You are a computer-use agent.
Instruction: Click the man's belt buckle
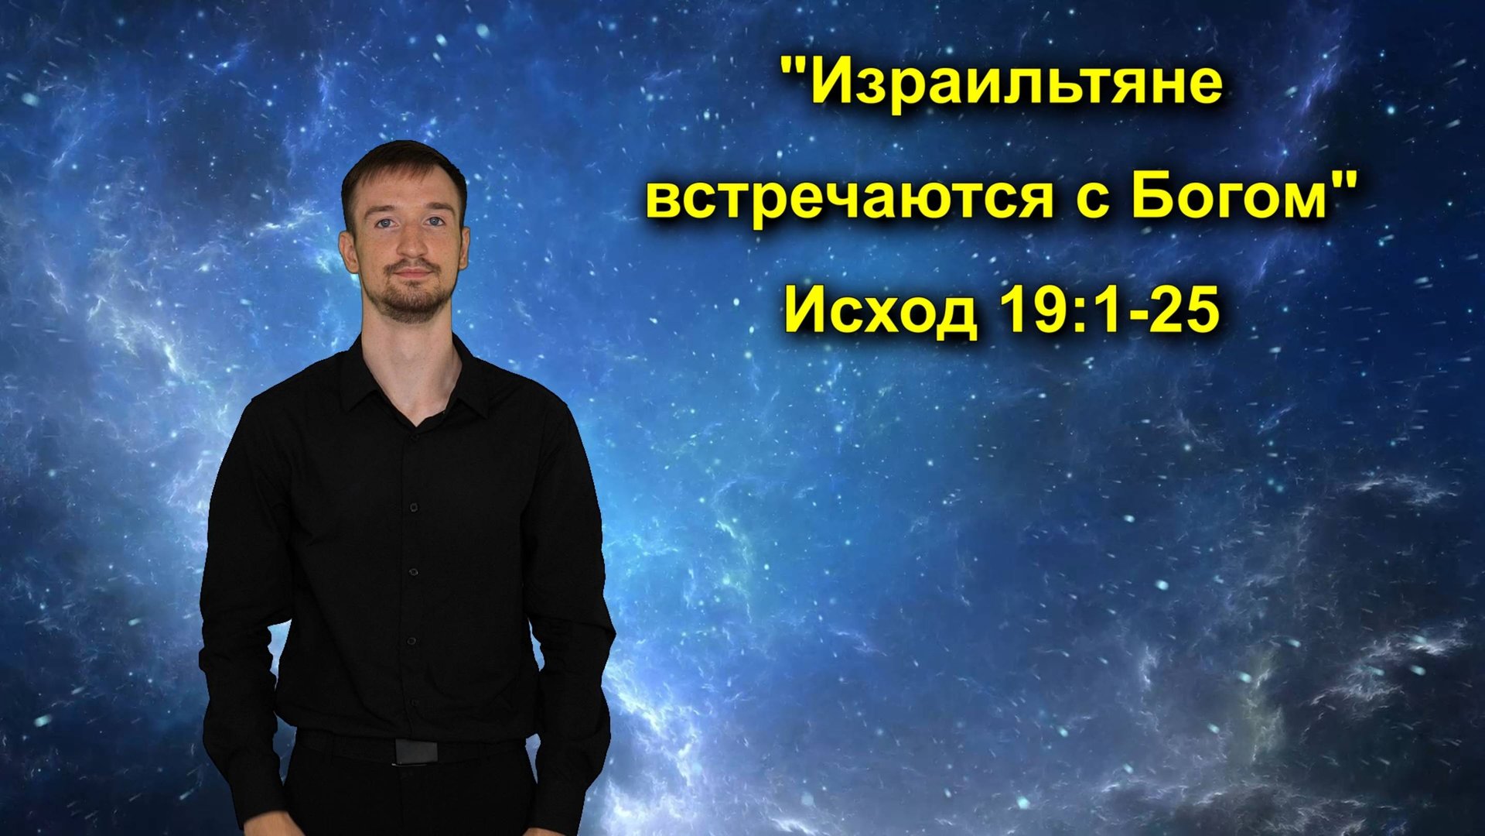click(x=415, y=751)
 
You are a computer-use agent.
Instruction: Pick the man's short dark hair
click(x=402, y=163)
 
